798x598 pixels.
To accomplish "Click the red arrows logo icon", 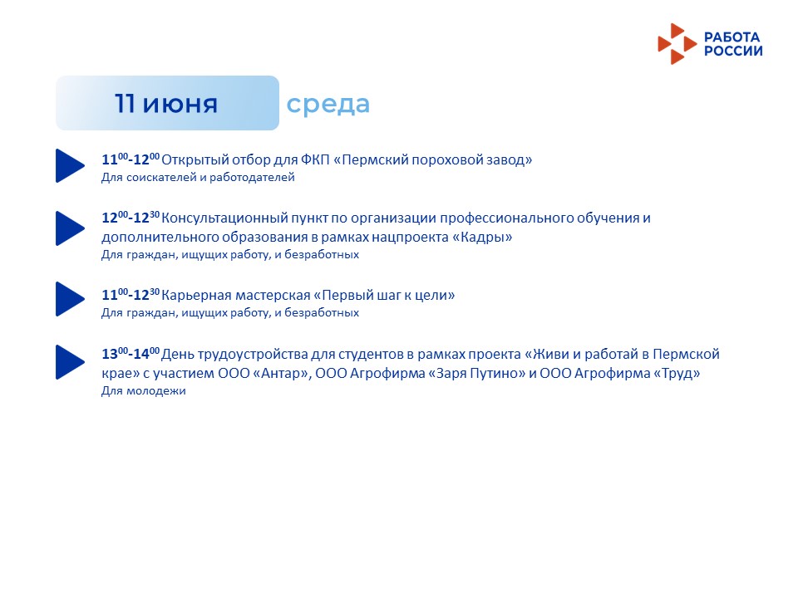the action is click(677, 44).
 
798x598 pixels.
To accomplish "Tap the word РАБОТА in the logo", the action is click(731, 37).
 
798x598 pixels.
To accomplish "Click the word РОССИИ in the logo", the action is click(733, 51).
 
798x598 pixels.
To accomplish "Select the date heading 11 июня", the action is click(166, 103).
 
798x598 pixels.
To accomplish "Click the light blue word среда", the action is click(328, 105).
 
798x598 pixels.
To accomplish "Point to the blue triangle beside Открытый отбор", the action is click(70, 165).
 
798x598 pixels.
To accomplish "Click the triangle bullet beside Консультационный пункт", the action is click(70, 228).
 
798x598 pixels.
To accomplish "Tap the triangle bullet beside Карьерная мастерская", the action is click(70, 299).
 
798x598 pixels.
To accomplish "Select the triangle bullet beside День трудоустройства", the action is click(70, 362).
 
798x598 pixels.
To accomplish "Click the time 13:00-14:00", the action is click(131, 353).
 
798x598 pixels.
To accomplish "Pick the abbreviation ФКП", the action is click(316, 159).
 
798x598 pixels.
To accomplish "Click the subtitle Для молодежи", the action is click(144, 391).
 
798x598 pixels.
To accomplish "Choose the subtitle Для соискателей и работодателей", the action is click(198, 178).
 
